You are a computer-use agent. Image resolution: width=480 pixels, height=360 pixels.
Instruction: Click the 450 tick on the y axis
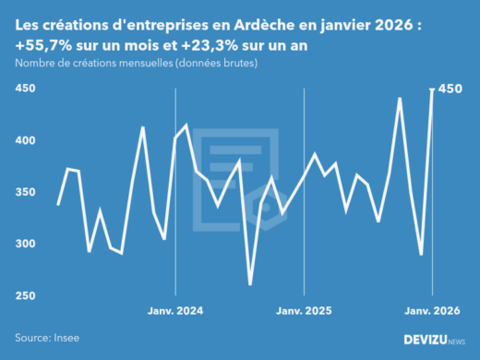(x=25, y=89)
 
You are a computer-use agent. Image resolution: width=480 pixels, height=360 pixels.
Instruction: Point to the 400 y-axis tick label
(x=25, y=140)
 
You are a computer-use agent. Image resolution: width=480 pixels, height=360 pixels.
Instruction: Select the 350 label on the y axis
(x=25, y=192)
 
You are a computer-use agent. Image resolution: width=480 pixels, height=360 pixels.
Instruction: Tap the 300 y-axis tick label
(x=25, y=244)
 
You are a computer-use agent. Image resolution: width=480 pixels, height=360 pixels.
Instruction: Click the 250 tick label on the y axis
(x=25, y=295)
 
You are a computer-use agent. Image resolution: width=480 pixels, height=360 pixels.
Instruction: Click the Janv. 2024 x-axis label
(x=175, y=311)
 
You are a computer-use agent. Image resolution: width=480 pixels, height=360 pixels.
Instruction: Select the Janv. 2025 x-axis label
(x=305, y=311)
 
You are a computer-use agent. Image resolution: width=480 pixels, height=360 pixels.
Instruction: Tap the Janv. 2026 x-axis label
(x=433, y=311)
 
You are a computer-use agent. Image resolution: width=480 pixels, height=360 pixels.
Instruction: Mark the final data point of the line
(x=433, y=90)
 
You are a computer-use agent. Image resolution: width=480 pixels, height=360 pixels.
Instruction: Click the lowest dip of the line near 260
(x=250, y=284)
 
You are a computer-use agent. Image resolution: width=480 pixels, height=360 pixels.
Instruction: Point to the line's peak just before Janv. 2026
(x=400, y=98)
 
